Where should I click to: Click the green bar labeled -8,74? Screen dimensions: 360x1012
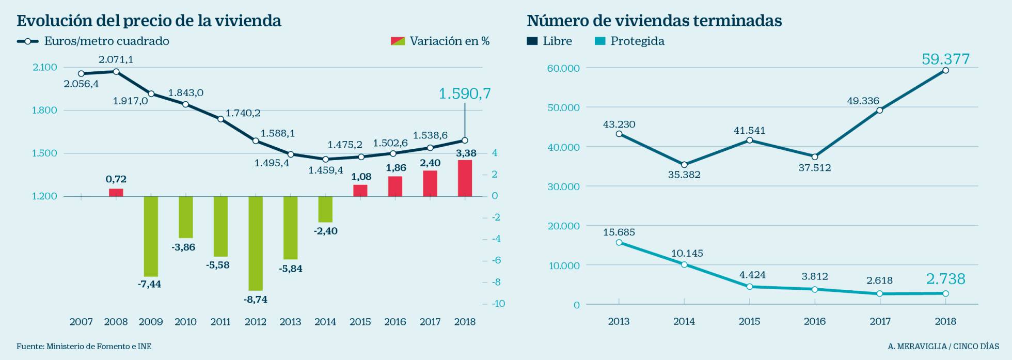pos(256,243)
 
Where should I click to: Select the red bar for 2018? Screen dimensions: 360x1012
pos(465,178)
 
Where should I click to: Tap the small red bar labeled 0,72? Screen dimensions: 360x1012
pos(116,192)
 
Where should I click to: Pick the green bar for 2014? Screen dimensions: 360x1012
pos(325,209)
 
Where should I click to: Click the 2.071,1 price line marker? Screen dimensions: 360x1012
pos(116,72)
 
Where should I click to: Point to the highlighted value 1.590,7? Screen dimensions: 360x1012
pos(465,93)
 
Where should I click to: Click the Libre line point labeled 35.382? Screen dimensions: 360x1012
pos(684,165)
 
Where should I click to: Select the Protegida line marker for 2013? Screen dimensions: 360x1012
pos(619,242)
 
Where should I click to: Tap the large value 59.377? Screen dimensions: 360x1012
pos(945,59)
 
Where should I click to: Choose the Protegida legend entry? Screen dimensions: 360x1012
pos(637,41)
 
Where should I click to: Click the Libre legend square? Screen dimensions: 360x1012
pos(532,41)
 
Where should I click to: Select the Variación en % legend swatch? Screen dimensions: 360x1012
pos(398,41)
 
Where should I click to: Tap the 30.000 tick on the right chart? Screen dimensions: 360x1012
pos(563,186)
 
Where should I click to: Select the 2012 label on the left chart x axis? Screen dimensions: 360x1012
pos(256,322)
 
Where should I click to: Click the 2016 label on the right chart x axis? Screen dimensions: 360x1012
pos(815,321)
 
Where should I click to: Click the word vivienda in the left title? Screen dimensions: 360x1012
pos(247,21)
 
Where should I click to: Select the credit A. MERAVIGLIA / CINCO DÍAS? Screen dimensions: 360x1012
pos(943,346)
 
